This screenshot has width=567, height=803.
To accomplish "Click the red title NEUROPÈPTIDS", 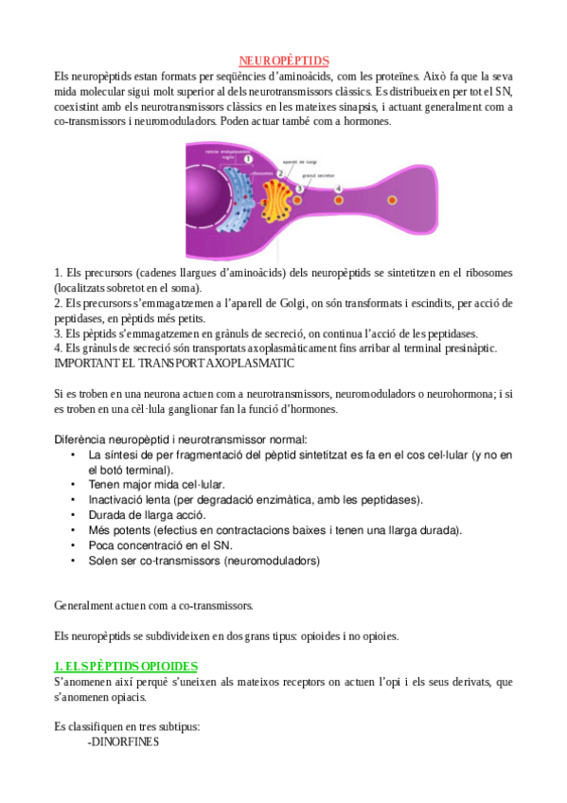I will point(283,62).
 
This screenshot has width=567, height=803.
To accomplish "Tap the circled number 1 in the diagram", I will point(248,160).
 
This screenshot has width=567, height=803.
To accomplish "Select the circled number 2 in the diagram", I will point(280,172).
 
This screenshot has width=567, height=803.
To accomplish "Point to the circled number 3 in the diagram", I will point(300,188).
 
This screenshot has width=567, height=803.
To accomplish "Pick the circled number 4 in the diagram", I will point(340,188).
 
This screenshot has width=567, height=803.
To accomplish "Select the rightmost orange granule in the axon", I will point(393,200).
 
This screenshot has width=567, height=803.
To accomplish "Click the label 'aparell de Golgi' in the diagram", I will point(300,162).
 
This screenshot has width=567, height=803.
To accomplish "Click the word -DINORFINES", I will point(123,742).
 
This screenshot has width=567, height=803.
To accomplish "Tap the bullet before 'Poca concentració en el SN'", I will point(74,545).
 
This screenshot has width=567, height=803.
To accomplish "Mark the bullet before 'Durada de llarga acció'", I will point(74,514).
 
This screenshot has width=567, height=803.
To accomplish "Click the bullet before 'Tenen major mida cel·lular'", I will point(74,484).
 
